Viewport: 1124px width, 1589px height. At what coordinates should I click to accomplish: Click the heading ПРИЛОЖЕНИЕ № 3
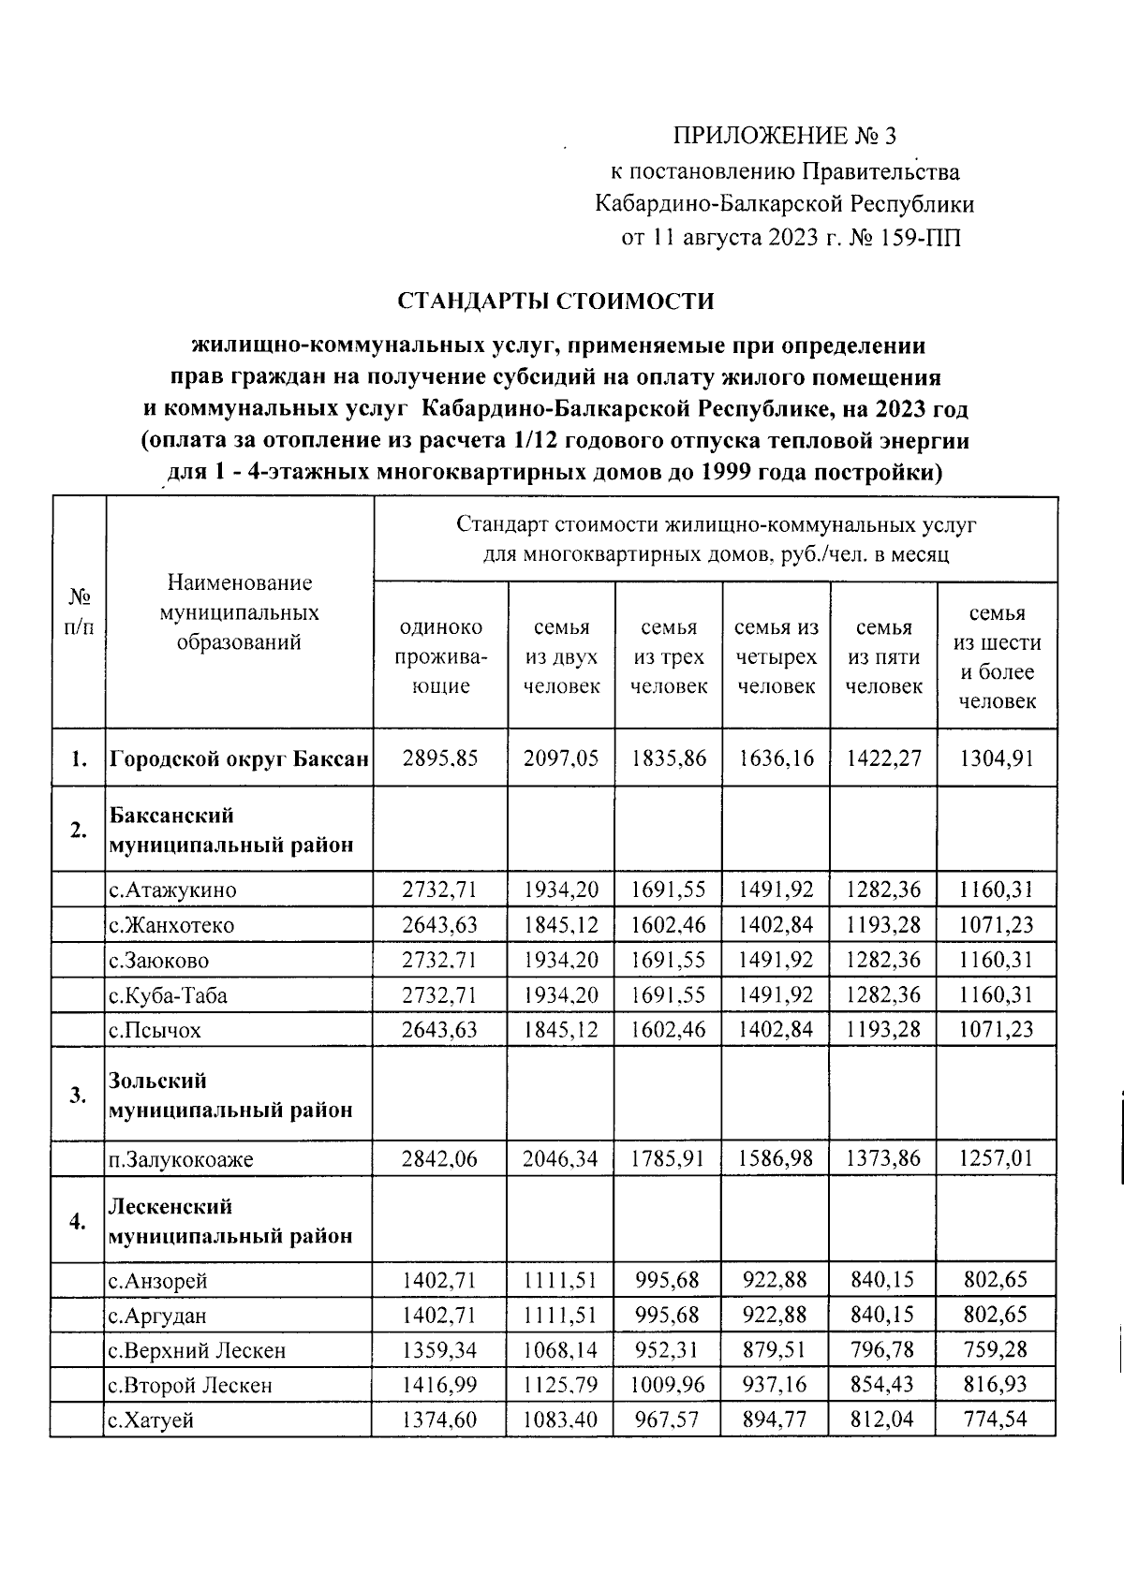[785, 137]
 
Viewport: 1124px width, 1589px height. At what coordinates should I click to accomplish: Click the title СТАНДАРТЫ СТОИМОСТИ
[555, 302]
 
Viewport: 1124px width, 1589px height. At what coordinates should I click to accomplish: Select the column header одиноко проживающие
[440, 656]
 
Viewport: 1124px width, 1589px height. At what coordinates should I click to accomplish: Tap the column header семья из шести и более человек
[997, 656]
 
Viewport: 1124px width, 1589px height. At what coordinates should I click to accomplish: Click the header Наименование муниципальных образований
[239, 612]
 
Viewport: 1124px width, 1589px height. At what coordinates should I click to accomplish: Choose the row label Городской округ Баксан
[239, 758]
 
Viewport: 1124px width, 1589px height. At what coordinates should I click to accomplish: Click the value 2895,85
[440, 758]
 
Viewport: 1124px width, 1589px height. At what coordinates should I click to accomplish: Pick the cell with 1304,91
[997, 758]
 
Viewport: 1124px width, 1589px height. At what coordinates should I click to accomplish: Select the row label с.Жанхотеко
[171, 926]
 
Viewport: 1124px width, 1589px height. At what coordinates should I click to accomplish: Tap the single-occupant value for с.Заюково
[440, 961]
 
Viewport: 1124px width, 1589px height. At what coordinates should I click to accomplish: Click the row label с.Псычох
[155, 1031]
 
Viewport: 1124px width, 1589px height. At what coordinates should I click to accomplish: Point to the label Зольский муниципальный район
[231, 1096]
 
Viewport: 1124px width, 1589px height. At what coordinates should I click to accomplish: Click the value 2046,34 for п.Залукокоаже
[561, 1159]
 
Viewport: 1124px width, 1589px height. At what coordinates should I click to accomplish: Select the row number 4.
[79, 1221]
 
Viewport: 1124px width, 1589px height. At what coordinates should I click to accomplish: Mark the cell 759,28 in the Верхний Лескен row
[997, 1350]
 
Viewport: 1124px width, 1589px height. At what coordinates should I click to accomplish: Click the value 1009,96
[668, 1385]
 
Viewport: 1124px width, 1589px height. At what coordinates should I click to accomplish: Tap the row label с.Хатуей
[151, 1420]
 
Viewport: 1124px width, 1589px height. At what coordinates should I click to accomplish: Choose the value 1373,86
[882, 1159]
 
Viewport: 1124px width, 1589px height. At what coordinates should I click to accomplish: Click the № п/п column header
[79, 612]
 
